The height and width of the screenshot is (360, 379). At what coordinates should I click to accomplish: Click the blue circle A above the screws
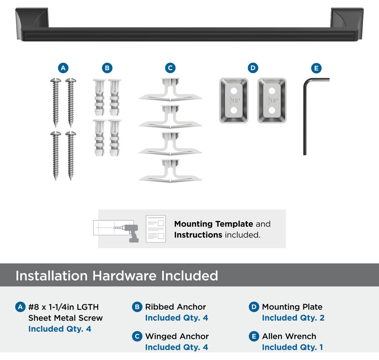pos(63,68)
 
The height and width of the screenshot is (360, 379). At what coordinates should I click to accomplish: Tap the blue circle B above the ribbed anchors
pos(107,68)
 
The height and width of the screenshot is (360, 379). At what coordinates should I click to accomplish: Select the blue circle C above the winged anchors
pos(170,68)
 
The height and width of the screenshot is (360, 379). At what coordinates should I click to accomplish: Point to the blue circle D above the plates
pos(253,68)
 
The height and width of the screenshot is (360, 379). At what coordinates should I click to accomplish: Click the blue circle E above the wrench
pos(316,68)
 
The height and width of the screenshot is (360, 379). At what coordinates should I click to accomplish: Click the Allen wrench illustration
pos(305,116)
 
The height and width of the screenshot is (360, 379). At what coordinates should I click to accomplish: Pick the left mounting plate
pos(234,100)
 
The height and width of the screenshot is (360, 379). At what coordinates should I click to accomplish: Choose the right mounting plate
pos(272,100)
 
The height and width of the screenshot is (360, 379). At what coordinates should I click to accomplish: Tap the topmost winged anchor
pos(170,89)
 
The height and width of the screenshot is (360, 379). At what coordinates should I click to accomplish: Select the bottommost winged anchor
pos(170,171)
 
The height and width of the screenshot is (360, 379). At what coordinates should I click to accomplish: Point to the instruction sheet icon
pos(156,229)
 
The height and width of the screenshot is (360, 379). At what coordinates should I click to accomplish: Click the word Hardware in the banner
pos(124,276)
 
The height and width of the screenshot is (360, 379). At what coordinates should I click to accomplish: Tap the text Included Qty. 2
pos(293,318)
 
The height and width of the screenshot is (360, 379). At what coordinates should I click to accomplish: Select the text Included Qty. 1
pos(292,347)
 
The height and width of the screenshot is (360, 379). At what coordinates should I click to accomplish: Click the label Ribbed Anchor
pos(175,307)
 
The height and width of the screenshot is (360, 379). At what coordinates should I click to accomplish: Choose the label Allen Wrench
pos(289,336)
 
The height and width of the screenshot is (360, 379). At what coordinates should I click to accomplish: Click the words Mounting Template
pos(214,224)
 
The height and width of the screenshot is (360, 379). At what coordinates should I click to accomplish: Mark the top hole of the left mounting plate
pos(234,91)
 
